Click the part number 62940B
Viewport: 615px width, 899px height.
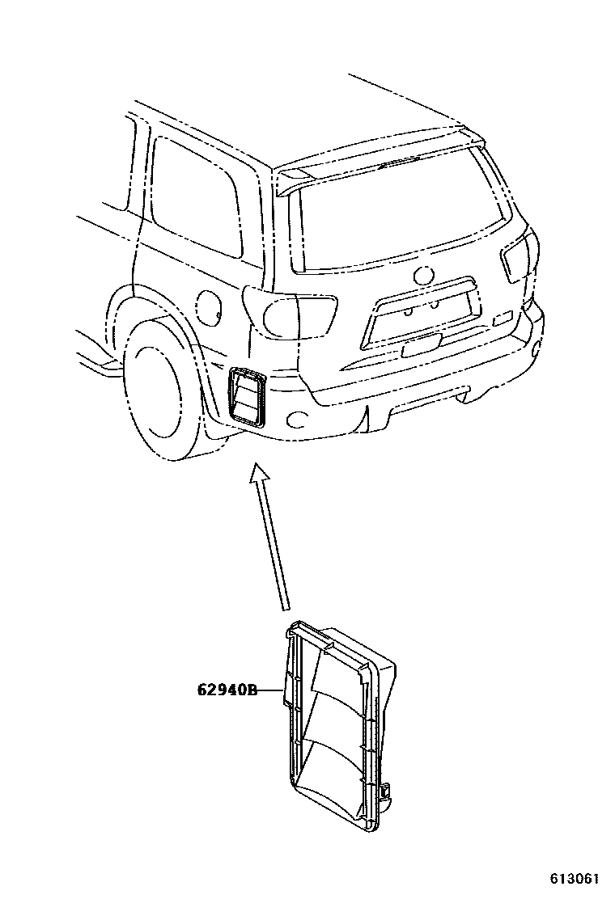(x=227, y=690)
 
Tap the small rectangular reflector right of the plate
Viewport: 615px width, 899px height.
(x=503, y=318)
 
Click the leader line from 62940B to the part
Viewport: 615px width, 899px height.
(x=270, y=690)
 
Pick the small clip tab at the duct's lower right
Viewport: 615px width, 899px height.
(x=386, y=791)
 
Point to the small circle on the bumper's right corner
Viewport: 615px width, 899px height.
(x=537, y=348)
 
